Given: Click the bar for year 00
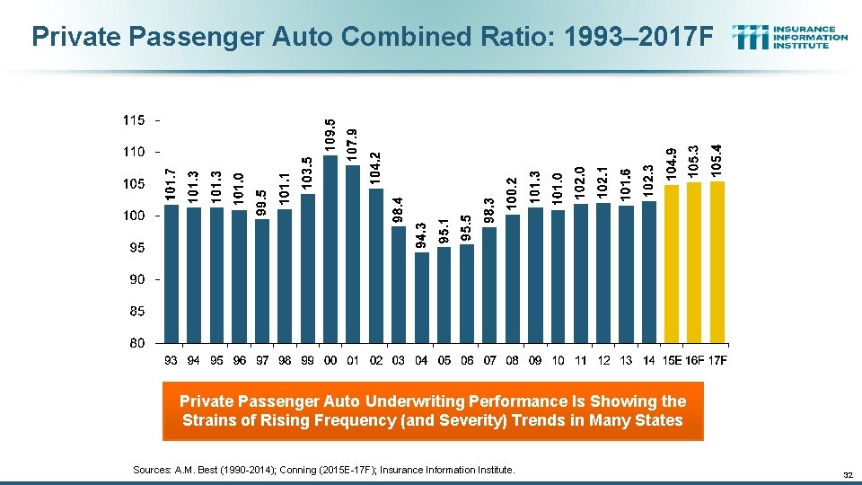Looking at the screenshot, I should coord(330,249).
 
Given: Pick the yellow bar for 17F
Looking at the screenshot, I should coord(717,262).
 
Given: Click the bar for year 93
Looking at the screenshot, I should coord(171,274).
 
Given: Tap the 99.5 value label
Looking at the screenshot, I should coord(261,203).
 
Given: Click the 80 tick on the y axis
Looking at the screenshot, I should coord(136,343).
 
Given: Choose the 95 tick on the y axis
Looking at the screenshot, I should coord(136,247).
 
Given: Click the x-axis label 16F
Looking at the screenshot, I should coord(694,361).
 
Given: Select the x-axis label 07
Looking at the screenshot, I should coord(489,361).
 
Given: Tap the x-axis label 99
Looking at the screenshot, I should coord(307,361).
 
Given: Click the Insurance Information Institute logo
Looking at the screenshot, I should coord(789,37).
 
